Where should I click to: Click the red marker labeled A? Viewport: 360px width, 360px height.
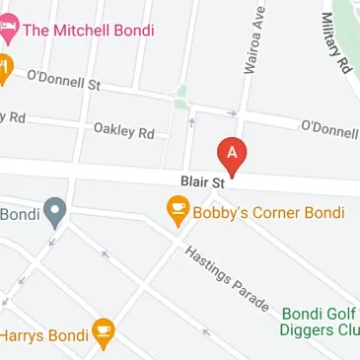coord(233,156)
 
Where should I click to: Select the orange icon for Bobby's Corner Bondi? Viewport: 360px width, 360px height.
coord(178,209)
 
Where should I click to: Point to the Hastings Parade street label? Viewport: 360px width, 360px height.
coord(226,279)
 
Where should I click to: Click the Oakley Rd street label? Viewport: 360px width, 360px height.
coord(124,130)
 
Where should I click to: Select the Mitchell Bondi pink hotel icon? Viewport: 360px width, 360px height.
coord(8,29)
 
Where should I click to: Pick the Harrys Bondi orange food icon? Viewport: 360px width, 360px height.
coord(104,334)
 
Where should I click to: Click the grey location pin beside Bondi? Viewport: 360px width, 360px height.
coord(55,212)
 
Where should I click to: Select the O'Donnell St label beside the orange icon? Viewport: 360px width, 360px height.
coord(64,78)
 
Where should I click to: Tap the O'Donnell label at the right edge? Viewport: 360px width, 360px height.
coord(329,128)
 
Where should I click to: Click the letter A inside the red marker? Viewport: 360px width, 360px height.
coord(233,152)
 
